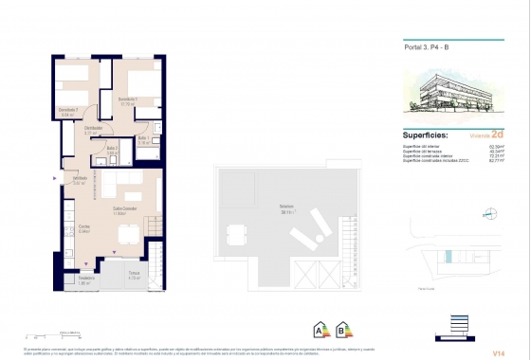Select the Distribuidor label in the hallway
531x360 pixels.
tap(93, 130)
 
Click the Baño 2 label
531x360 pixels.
tap(112, 150)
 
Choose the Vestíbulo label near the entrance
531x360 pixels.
tap(80, 180)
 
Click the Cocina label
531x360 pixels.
tap(84, 227)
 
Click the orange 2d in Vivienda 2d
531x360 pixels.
tap(497, 135)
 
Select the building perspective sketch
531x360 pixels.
tap(452, 97)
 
